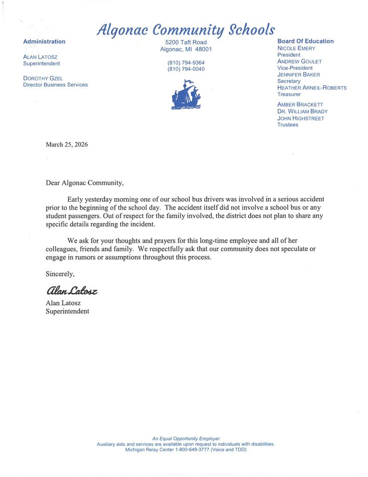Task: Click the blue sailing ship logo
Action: click(x=186, y=95)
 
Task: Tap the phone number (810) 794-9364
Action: click(x=186, y=62)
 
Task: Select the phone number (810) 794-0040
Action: click(x=186, y=69)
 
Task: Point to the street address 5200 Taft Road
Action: click(x=186, y=42)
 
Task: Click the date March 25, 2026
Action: click(x=67, y=144)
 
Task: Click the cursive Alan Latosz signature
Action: click(x=71, y=291)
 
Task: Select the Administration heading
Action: click(x=44, y=41)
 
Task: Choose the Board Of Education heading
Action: click(x=305, y=41)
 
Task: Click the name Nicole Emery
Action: click(x=296, y=48)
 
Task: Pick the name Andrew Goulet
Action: click(x=299, y=61)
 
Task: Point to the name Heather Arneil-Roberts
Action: click(x=312, y=88)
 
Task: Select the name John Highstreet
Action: click(x=301, y=118)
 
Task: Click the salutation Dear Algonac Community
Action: click(x=85, y=183)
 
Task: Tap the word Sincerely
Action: click(x=60, y=274)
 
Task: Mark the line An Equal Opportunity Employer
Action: click(x=186, y=438)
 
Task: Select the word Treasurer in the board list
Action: click(x=289, y=94)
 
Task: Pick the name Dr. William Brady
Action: click(x=302, y=111)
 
